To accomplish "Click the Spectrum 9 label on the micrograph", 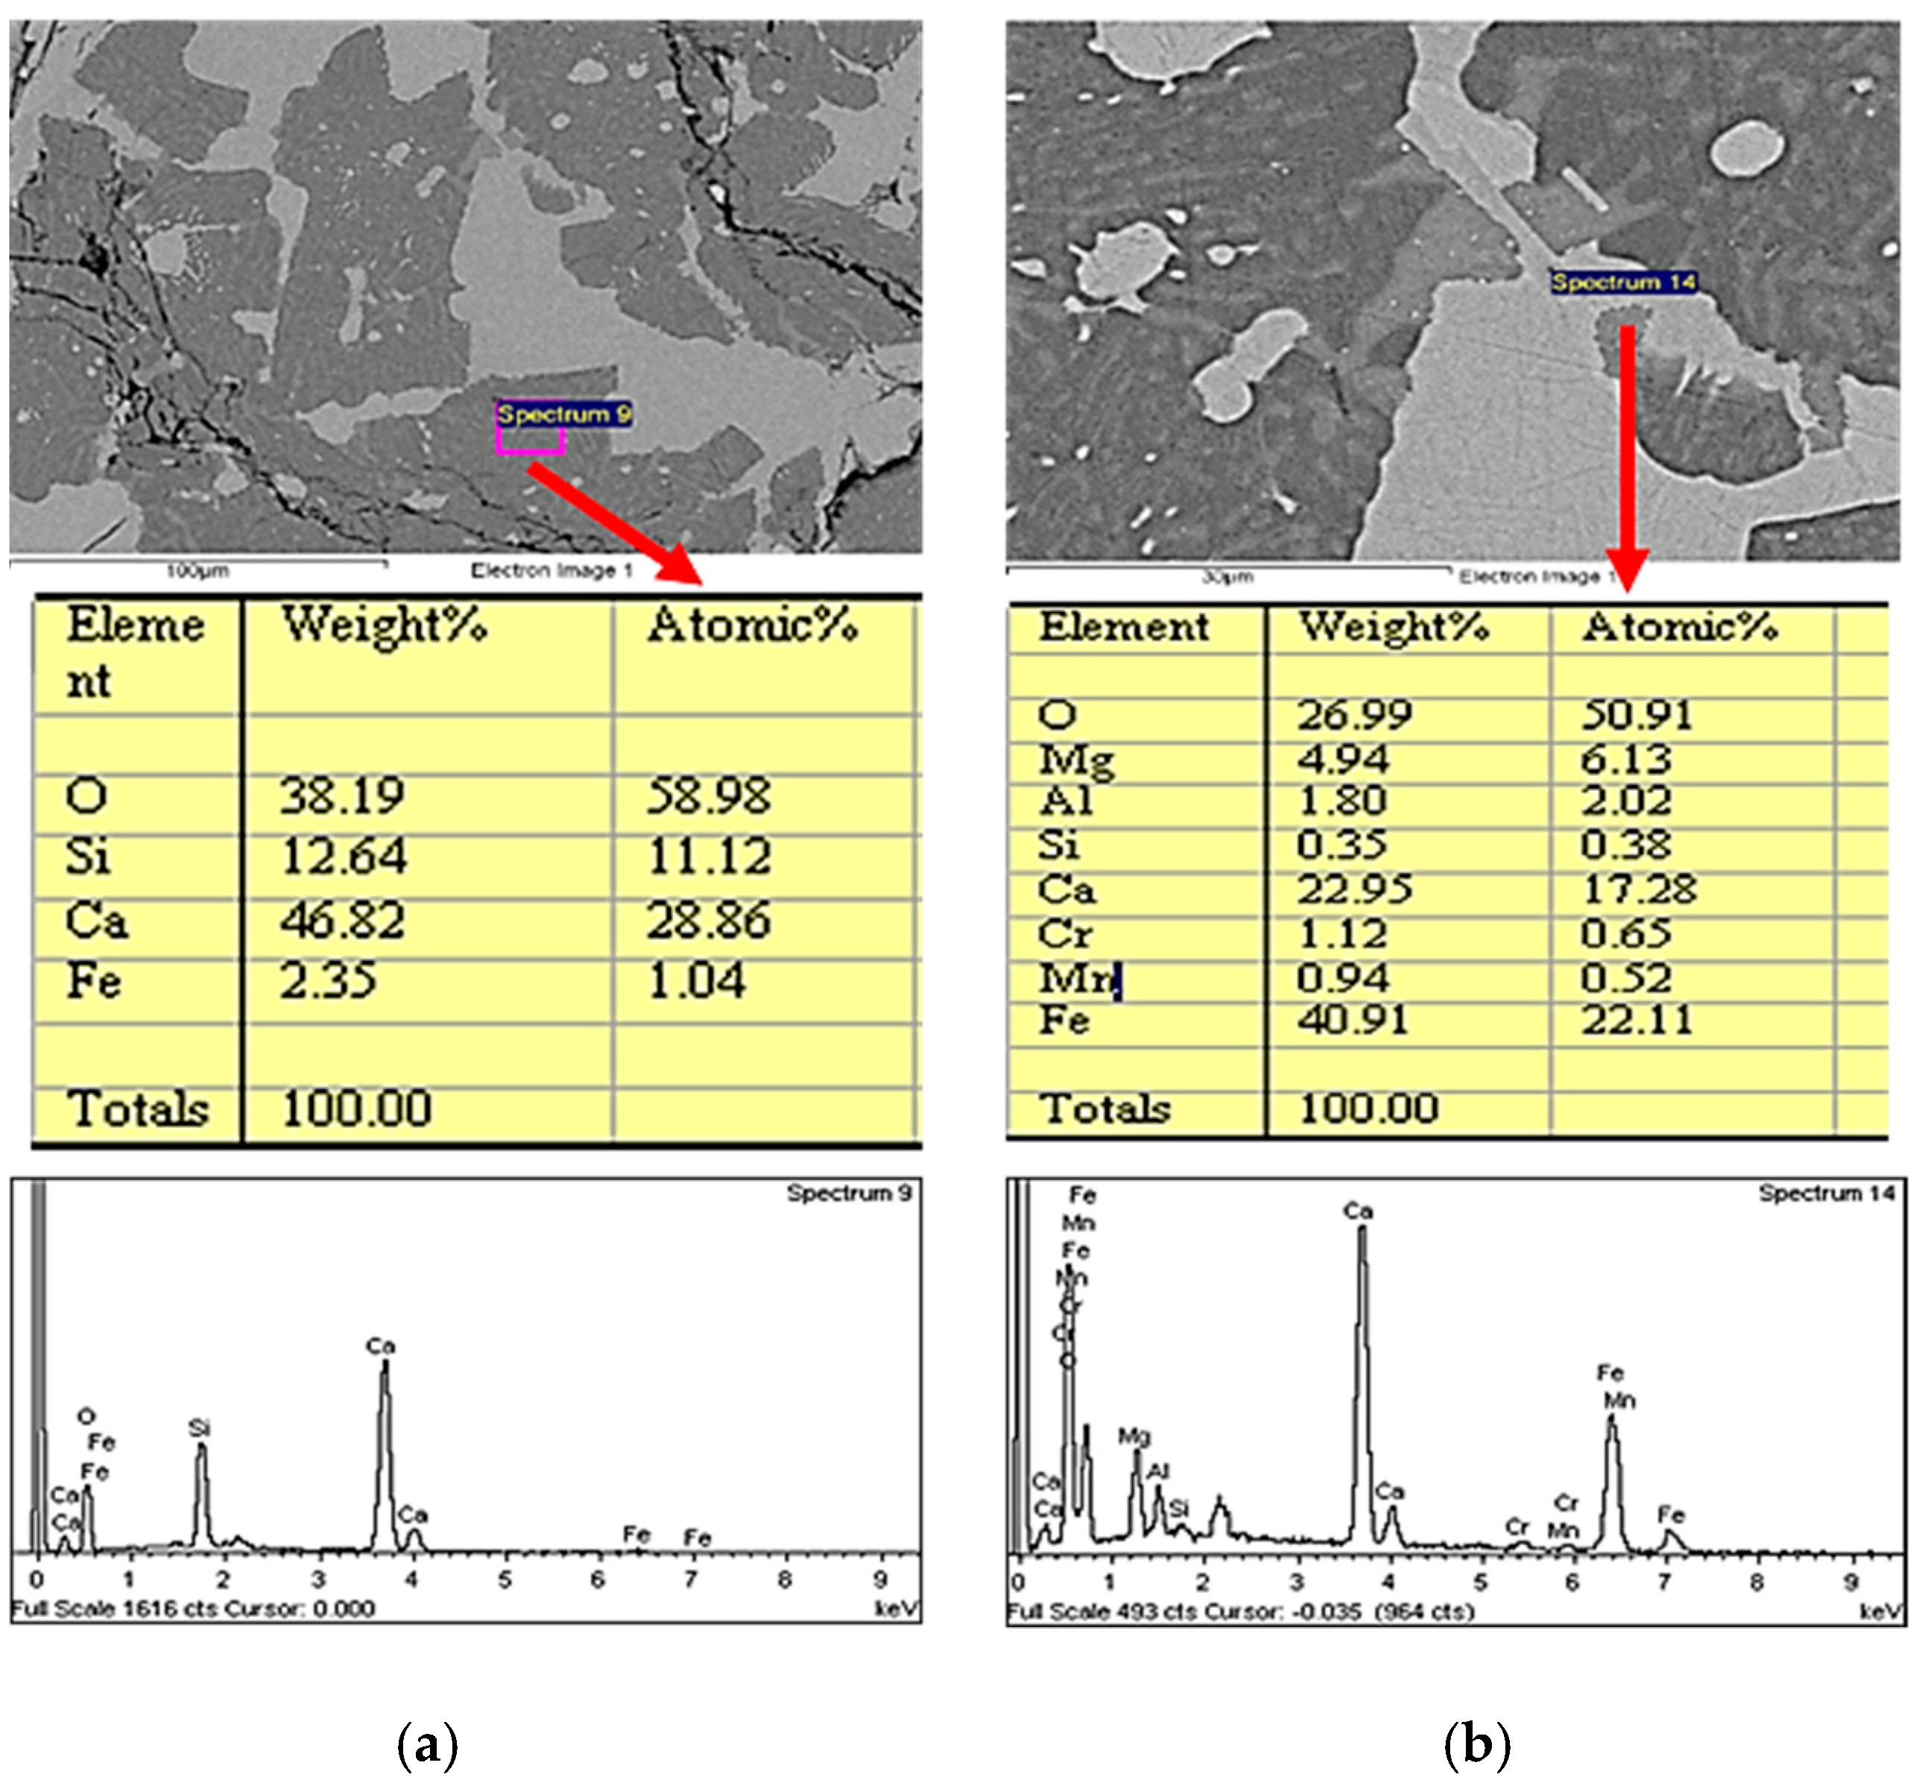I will click(x=564, y=414).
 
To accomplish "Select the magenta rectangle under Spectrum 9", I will click(x=530, y=441).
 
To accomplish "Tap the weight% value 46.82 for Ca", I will click(x=342, y=921).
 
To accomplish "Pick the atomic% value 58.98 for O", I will click(x=709, y=796).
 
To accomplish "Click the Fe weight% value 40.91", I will click(x=1352, y=1020).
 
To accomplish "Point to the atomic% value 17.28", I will click(x=1639, y=889).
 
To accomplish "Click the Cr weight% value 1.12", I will click(x=1341, y=933).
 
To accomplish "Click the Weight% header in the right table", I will click(x=1394, y=627).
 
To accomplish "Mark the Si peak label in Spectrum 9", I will click(x=200, y=1428).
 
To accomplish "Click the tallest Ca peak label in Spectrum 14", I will click(x=1358, y=1211).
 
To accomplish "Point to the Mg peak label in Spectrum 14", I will click(x=1134, y=1437).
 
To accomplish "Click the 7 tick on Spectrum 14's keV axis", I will click(x=1664, y=1582).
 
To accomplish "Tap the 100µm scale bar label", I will click(x=197, y=572).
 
